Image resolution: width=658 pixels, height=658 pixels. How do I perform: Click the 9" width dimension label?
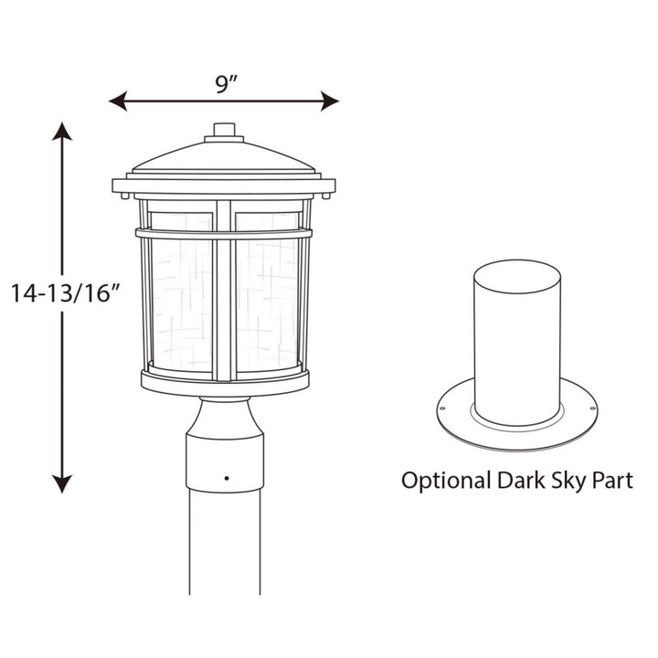coord(225,84)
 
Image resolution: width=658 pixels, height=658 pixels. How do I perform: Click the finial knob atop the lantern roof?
coord(224,132)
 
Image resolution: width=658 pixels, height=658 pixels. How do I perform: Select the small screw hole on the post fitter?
coord(225,476)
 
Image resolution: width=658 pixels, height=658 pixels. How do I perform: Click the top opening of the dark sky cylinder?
coord(517,273)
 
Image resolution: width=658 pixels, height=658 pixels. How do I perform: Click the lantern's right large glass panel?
coord(267,306)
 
